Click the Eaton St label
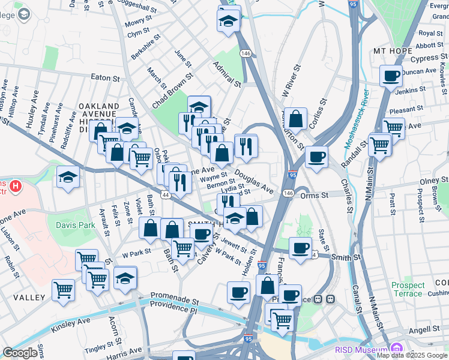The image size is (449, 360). (x=106, y=78)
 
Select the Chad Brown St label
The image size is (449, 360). (x=172, y=91)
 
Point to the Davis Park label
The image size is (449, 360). (x=76, y=225)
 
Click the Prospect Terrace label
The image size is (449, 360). (x=408, y=290)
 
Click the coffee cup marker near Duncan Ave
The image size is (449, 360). (x=391, y=76)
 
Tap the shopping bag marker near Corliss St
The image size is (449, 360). (x=296, y=118)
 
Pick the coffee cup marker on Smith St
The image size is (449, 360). (x=300, y=247)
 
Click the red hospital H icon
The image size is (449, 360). (x=16, y=186)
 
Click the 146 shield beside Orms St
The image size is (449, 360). (x=288, y=193)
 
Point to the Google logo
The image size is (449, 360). (x=20, y=353)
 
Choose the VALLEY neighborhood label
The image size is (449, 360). (x=29, y=298)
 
